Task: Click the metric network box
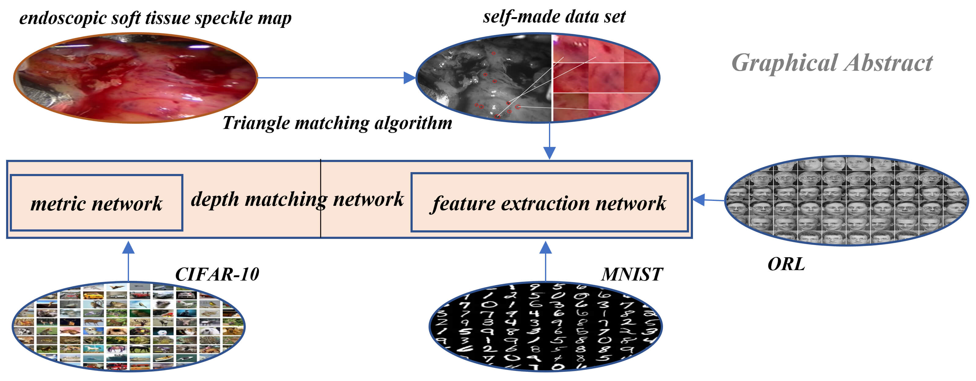point(97,203)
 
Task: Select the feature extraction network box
point(549,203)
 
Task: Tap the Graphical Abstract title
point(832,62)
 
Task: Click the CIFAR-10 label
point(217,274)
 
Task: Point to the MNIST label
point(632,274)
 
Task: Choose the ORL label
point(786,264)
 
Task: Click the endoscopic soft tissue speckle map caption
point(155,18)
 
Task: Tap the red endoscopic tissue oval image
point(136,78)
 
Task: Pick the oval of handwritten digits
point(546,326)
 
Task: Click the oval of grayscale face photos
point(846,200)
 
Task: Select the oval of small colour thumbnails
point(129,326)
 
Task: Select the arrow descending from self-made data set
point(549,140)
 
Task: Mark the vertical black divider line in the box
point(321,213)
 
